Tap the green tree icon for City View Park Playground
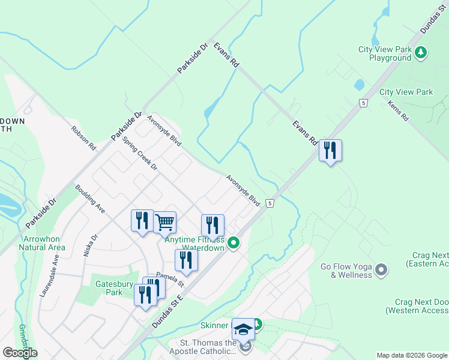tap(421, 53)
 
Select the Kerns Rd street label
tap(397, 110)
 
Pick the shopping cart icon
tap(164, 222)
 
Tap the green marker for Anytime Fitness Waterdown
tap(234, 243)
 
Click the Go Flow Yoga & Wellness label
tap(346, 271)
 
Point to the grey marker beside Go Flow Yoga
tap(381, 271)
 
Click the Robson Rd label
tap(83, 138)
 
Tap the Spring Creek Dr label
tap(139, 153)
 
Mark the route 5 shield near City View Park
tap(363, 103)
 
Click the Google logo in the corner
tap(20, 353)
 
